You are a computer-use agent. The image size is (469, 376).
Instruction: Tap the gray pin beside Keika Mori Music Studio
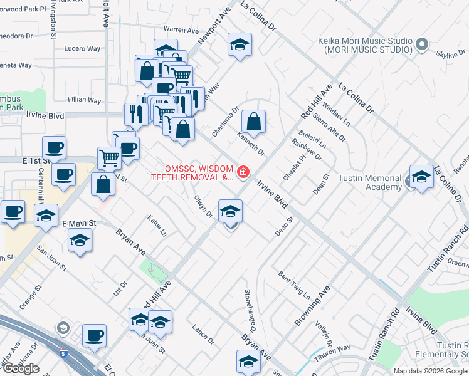[x=421, y=44]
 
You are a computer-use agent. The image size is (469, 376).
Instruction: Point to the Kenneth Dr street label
[x=251, y=144]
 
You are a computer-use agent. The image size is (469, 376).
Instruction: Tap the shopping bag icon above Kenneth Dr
[x=253, y=121]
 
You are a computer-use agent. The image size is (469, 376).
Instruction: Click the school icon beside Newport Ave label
[x=238, y=45]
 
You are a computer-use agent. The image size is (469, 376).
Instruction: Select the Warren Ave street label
[x=181, y=29]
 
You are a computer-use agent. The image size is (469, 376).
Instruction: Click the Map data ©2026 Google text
[x=431, y=371]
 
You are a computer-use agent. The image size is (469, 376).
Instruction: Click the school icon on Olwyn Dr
[x=230, y=211]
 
